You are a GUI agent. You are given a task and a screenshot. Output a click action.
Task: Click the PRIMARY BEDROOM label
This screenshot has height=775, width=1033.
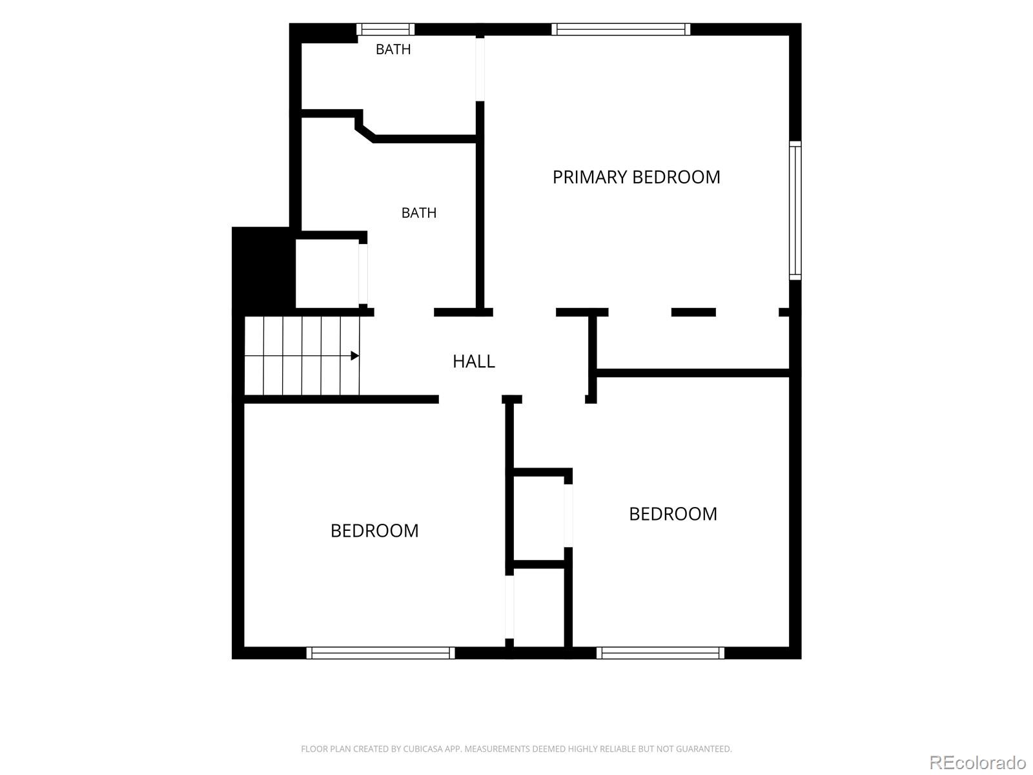click(x=636, y=178)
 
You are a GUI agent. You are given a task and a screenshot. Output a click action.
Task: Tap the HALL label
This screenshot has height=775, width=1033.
click(x=473, y=362)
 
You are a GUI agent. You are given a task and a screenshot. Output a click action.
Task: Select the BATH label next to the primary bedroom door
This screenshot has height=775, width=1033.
click(x=393, y=50)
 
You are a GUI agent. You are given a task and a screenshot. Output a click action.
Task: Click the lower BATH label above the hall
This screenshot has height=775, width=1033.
click(x=419, y=213)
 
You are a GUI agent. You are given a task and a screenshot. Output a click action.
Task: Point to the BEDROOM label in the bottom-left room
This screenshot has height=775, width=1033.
click(x=374, y=531)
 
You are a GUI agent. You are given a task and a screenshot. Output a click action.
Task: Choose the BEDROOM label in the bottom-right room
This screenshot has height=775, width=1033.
click(x=673, y=514)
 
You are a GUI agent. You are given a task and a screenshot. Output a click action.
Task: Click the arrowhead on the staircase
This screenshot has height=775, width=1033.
click(x=355, y=356)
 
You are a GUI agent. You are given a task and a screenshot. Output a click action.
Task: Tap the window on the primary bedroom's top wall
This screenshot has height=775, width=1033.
click(x=620, y=29)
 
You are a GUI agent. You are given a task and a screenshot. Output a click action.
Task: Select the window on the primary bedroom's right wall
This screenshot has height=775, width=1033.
click(x=795, y=211)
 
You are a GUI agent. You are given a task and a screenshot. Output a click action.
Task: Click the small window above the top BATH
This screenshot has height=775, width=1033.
click(x=385, y=29)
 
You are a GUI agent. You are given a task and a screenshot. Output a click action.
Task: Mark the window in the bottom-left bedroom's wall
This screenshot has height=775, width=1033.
click(x=380, y=653)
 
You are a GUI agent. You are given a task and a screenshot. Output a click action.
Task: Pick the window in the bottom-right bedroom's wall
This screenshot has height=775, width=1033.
click(x=660, y=653)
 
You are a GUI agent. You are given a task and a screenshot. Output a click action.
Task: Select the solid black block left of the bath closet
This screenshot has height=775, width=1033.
click(x=263, y=268)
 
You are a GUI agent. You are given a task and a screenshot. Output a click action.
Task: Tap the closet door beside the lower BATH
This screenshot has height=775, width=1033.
click(x=363, y=274)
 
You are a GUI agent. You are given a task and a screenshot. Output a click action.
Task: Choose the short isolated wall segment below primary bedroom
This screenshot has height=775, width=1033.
click(x=693, y=312)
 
